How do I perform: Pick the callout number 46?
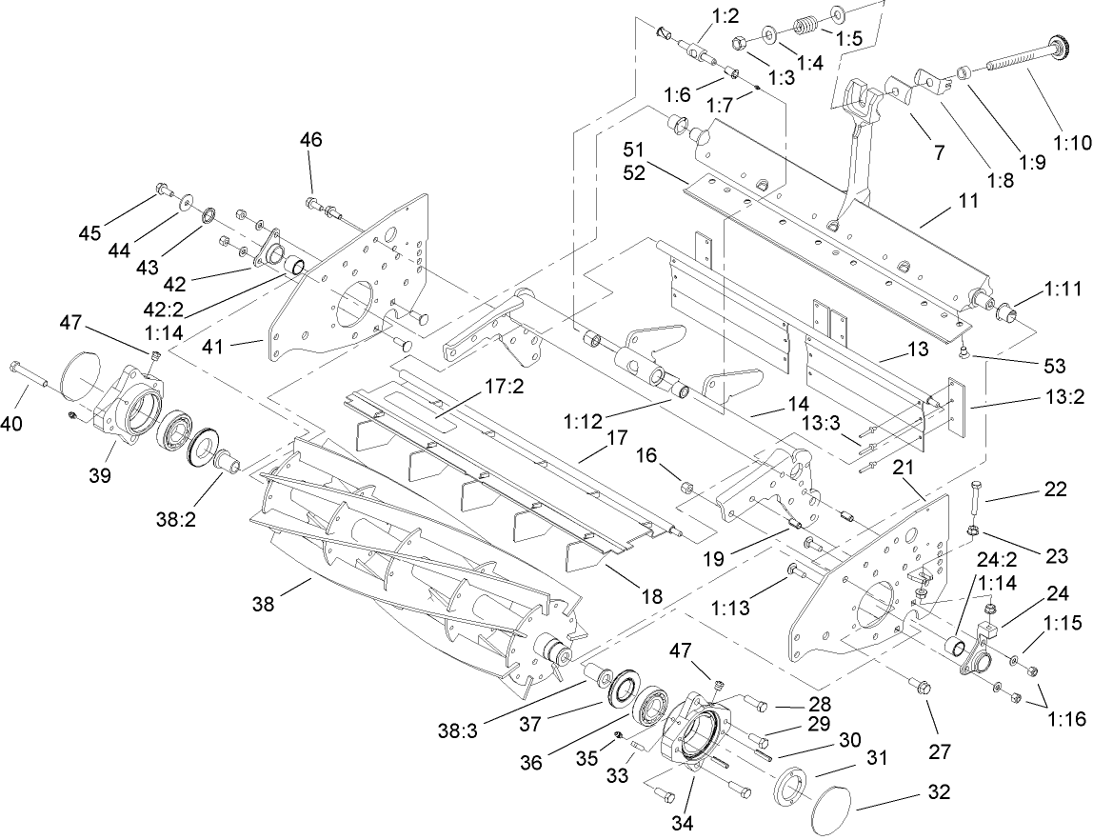click(310, 140)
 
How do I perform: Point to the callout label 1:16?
click(1065, 719)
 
